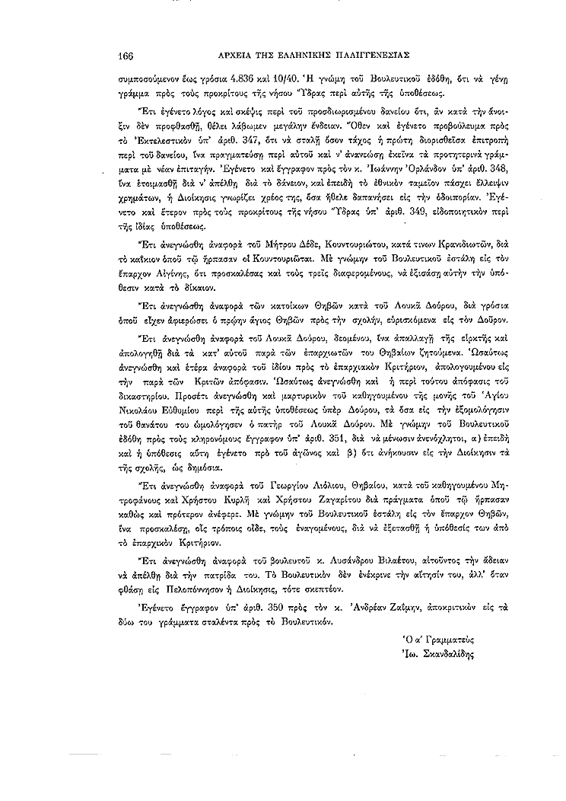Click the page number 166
coord(126,54)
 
